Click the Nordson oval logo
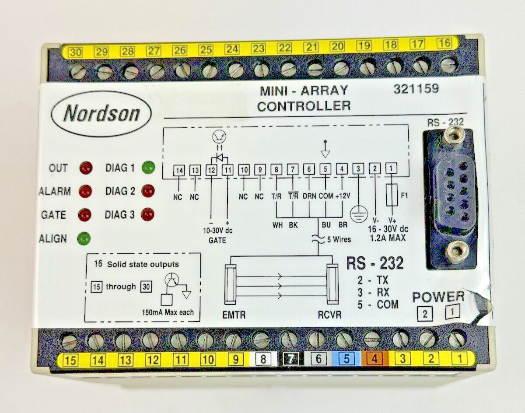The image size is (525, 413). [x=101, y=114]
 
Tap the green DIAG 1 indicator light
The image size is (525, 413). [x=149, y=168]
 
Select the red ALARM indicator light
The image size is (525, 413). [x=85, y=191]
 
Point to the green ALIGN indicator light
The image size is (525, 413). [x=84, y=238]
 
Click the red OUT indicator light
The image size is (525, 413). [x=86, y=168]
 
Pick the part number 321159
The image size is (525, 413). [x=416, y=89]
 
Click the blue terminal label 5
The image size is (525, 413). [x=346, y=359]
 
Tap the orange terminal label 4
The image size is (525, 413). [x=374, y=359]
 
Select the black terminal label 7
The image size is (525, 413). [x=290, y=359]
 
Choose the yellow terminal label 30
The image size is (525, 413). [x=75, y=52]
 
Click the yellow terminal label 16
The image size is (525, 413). [x=444, y=43]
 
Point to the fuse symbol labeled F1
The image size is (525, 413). [x=392, y=196]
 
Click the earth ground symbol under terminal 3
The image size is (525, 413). [x=359, y=214]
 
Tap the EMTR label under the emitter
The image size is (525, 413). [x=234, y=315]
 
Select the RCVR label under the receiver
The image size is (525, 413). [x=329, y=315]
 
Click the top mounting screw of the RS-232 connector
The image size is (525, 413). [x=454, y=136]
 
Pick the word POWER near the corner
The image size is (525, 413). [x=438, y=297]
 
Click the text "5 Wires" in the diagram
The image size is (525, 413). [x=339, y=240]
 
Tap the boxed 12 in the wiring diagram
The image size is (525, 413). [x=211, y=170]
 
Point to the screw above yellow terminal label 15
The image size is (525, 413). [x=70, y=343]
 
